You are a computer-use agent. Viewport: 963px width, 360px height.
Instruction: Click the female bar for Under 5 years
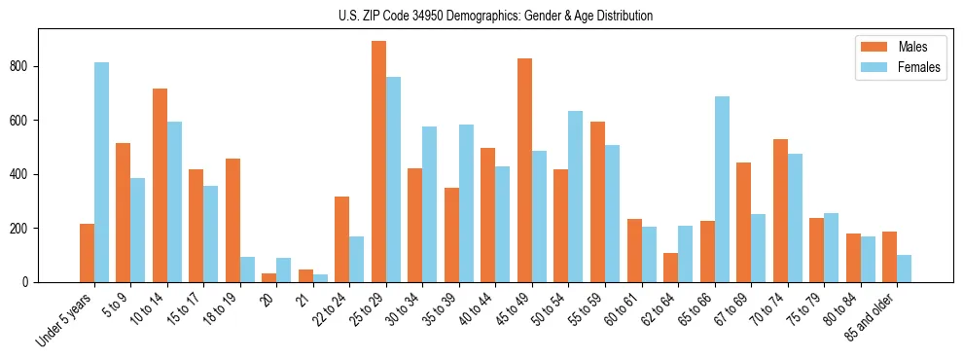pos(101,172)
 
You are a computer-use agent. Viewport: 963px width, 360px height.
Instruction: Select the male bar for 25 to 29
pos(378,162)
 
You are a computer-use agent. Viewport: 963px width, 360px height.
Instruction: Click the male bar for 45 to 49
pos(524,170)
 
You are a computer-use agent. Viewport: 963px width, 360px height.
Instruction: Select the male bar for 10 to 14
pos(160,186)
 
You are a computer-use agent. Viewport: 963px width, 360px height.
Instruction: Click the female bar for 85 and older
pos(904,269)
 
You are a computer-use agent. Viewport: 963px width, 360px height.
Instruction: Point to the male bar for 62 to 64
pos(670,268)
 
